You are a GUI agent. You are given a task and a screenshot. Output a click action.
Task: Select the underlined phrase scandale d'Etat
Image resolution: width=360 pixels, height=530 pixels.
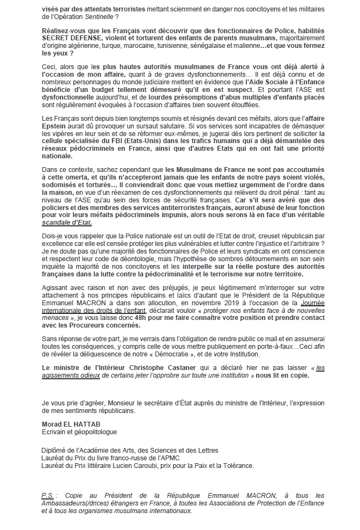point(67,223)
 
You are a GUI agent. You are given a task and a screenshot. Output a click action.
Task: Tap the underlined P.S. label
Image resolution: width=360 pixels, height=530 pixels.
point(48,495)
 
